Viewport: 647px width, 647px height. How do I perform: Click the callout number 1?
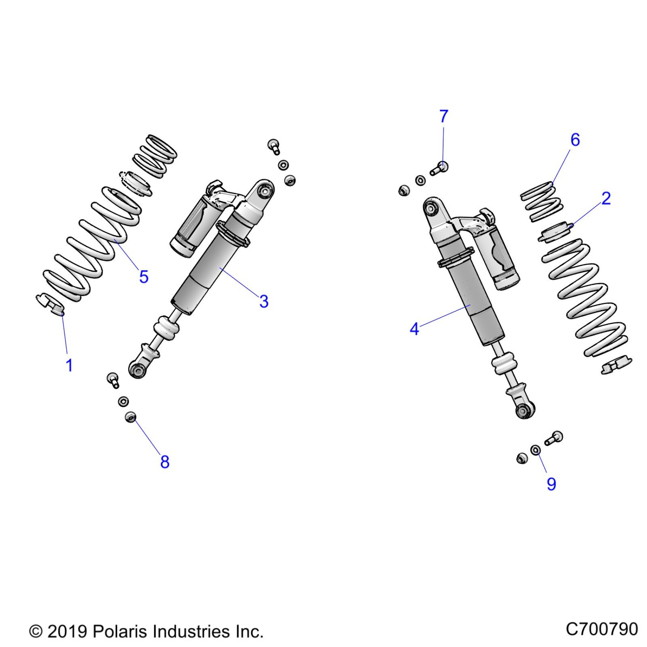pyautogui.click(x=69, y=365)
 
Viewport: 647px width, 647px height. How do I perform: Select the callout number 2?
pyautogui.click(x=606, y=198)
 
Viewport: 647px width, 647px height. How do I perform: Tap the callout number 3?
pyautogui.click(x=264, y=301)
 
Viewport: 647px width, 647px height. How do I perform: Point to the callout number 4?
pyautogui.click(x=414, y=329)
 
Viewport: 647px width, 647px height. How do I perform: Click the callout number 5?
pyautogui.click(x=143, y=277)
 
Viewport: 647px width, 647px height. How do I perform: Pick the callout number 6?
pyautogui.click(x=575, y=140)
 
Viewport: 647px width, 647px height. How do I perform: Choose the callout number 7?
pyautogui.click(x=444, y=116)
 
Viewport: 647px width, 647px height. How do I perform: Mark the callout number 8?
pyautogui.click(x=164, y=462)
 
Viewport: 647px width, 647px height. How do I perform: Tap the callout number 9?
pyautogui.click(x=551, y=484)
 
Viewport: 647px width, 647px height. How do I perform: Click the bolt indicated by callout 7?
pyautogui.click(x=441, y=168)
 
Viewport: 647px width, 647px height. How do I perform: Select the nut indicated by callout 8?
pyautogui.click(x=131, y=417)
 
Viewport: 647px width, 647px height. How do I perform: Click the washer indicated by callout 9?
pyautogui.click(x=535, y=450)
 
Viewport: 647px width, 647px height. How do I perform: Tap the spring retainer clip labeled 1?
pyautogui.click(x=50, y=304)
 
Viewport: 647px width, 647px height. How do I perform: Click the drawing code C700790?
pyautogui.click(x=601, y=629)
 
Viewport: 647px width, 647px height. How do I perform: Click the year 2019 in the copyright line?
pyautogui.click(x=68, y=632)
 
